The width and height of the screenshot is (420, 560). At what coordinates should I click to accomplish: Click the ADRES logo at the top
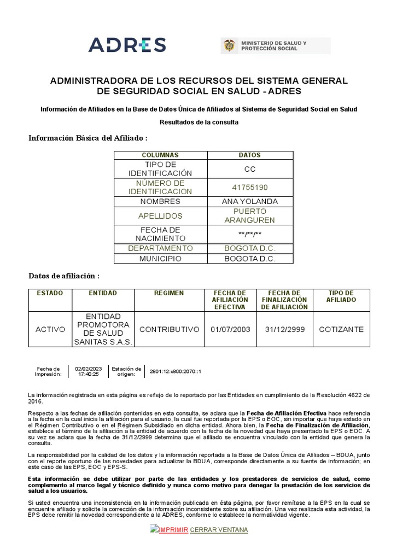tap(127, 45)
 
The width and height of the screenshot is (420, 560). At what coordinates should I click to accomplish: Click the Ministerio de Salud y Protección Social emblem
tap(229, 46)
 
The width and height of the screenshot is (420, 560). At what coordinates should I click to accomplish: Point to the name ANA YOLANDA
tap(249, 201)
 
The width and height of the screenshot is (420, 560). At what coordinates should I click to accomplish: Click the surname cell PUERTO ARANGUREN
tap(249, 215)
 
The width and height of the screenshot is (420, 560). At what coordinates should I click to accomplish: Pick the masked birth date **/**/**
tap(249, 234)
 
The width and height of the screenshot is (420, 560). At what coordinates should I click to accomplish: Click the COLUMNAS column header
tap(160, 155)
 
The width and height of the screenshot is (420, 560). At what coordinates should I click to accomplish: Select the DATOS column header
tap(249, 155)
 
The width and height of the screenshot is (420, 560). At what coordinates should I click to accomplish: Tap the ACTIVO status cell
tap(50, 329)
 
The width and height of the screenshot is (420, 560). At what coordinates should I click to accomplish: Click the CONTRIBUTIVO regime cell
tap(169, 329)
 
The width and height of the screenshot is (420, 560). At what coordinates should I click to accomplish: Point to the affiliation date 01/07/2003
tap(230, 329)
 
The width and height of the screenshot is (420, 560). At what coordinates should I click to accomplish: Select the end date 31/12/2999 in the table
tap(284, 329)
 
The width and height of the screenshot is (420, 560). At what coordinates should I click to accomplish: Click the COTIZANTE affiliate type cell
tap(341, 329)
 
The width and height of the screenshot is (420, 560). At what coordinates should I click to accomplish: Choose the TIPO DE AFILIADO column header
tap(341, 296)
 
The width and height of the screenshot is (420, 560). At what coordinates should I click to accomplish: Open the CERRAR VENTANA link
tap(219, 530)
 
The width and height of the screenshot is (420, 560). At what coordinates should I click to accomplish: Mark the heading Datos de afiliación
tap(64, 276)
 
